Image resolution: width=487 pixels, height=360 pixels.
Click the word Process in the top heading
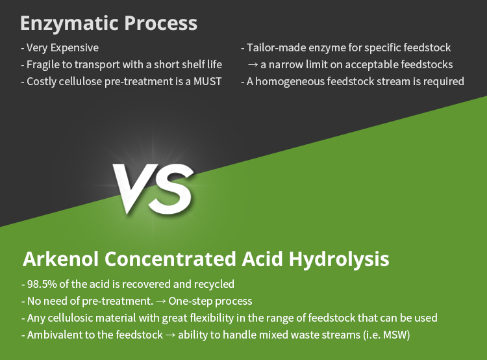pyautogui.click(x=161, y=23)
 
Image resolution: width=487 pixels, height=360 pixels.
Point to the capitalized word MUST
pyautogui.click(x=208, y=81)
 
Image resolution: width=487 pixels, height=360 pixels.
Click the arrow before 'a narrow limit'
pyautogui.click(x=253, y=65)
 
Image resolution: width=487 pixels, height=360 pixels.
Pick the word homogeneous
pyautogui.click(x=290, y=82)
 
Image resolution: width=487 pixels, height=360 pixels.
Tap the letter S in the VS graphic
pyautogui.click(x=171, y=188)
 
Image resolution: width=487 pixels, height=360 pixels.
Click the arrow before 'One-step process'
pyautogui.click(x=161, y=302)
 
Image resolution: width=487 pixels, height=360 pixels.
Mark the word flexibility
pyautogui.click(x=212, y=318)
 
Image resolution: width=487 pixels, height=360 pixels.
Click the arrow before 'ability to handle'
pyautogui.click(x=170, y=335)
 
